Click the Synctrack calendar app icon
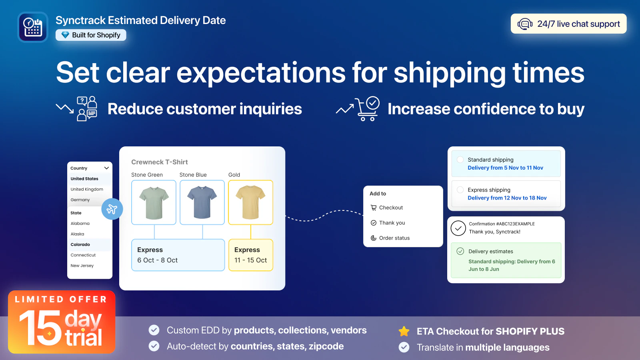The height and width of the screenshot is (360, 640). click(x=33, y=27)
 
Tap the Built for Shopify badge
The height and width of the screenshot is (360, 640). click(x=91, y=35)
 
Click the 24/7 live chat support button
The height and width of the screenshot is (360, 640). click(x=568, y=24)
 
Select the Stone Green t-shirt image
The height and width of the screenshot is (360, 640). click(x=154, y=202)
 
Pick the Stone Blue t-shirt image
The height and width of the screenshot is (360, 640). click(x=202, y=202)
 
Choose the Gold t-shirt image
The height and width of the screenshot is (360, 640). click(x=250, y=202)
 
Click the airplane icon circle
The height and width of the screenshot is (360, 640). click(x=112, y=209)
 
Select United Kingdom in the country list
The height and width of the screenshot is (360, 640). click(x=87, y=189)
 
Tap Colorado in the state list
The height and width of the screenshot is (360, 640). click(x=80, y=244)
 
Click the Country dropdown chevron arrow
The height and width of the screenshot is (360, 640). click(x=106, y=168)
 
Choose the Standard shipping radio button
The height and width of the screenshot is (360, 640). click(x=460, y=160)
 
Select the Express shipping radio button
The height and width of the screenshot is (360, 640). click(x=460, y=190)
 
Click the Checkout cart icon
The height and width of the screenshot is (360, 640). click(x=374, y=208)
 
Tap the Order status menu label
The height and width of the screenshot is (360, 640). click(x=394, y=238)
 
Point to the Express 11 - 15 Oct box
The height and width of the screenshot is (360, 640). click(x=250, y=255)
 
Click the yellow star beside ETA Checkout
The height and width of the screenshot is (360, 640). click(x=404, y=331)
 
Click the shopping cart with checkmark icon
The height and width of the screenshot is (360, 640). click(x=367, y=109)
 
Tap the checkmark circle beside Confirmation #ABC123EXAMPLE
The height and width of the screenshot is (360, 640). click(x=458, y=228)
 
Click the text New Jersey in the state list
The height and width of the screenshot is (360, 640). click(x=82, y=266)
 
